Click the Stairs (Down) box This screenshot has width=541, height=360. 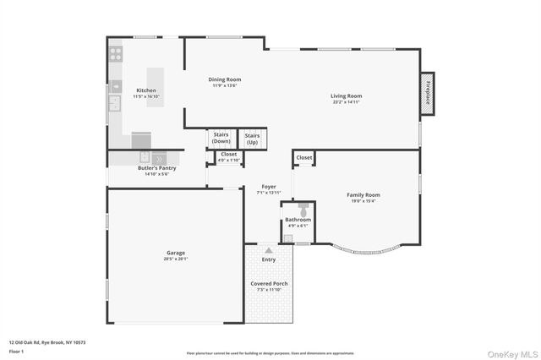(x=221, y=138)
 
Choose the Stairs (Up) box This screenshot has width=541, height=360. (x=252, y=139)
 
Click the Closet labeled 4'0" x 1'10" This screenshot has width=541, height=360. (x=228, y=157)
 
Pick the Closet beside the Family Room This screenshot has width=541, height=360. (x=304, y=157)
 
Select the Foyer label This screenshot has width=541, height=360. (x=268, y=189)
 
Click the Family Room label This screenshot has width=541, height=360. (x=363, y=198)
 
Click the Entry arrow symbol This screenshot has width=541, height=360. (x=269, y=250)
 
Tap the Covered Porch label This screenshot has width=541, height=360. (x=268, y=286)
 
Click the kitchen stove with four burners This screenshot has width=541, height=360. (x=115, y=52)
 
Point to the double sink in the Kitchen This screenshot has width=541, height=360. (x=113, y=104)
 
